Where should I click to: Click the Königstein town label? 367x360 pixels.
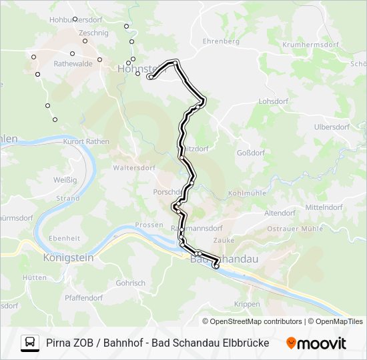(68, 257)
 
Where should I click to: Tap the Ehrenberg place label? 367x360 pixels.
(221, 41)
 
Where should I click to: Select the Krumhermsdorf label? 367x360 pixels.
(310, 45)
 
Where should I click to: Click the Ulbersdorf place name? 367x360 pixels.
(332, 127)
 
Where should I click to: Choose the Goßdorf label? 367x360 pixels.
(251, 153)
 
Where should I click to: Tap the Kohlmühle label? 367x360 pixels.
(247, 193)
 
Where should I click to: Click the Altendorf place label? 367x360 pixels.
(280, 213)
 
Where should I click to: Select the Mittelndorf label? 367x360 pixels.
(324, 207)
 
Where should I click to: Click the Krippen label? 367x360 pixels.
(248, 304)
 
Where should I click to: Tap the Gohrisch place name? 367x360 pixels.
(130, 283)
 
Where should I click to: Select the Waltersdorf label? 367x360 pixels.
(134, 168)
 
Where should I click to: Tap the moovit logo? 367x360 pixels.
(316, 343)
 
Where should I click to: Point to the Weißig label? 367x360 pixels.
(65, 180)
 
